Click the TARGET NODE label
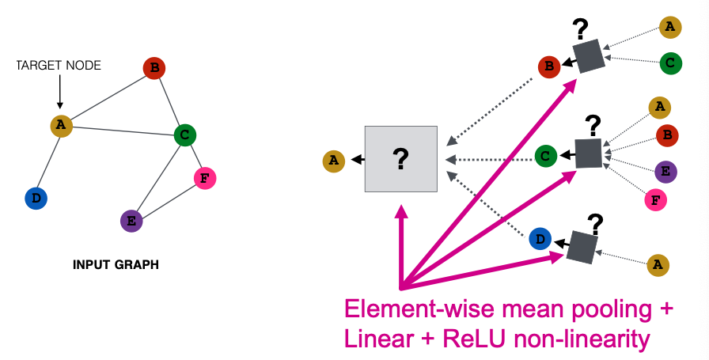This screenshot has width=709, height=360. [x=59, y=65]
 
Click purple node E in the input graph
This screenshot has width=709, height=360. [x=131, y=221]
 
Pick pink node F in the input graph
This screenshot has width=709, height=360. [x=204, y=178]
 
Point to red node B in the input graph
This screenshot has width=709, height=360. [x=154, y=68]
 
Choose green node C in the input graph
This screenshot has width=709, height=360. [x=185, y=135]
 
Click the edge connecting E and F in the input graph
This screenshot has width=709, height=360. [x=168, y=199]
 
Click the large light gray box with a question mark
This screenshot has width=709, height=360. [x=400, y=158]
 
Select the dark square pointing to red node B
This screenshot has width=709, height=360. [x=588, y=56]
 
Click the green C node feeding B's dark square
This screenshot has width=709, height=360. [x=670, y=61]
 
